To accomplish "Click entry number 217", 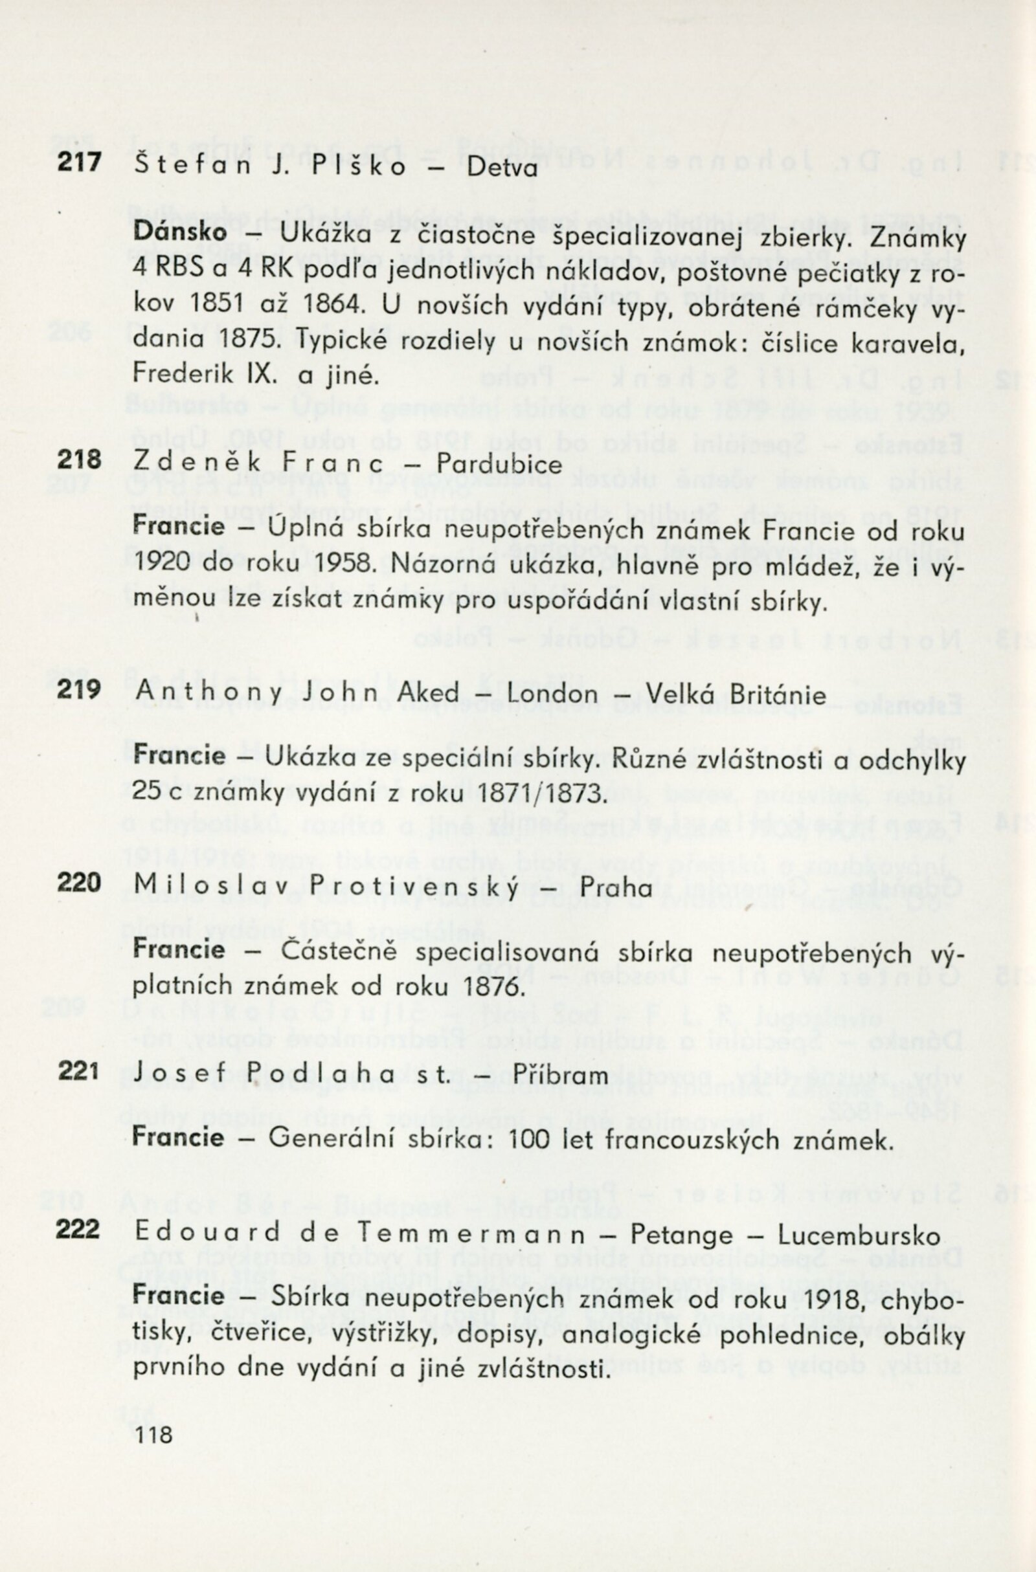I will point(78,162).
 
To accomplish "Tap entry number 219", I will point(78,689).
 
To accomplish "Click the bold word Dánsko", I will point(181,232).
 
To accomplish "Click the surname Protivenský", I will point(438,887).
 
